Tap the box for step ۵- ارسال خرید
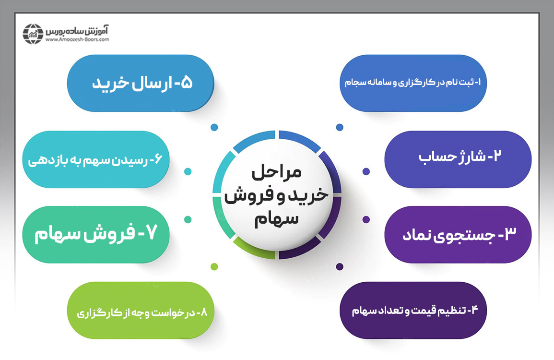point(141,83)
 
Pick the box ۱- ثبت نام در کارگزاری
point(413,83)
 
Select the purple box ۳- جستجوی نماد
point(458,235)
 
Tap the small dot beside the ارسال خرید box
point(214,127)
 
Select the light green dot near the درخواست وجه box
point(214,266)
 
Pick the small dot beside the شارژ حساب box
point(366,171)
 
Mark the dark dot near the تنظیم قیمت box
point(340,266)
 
